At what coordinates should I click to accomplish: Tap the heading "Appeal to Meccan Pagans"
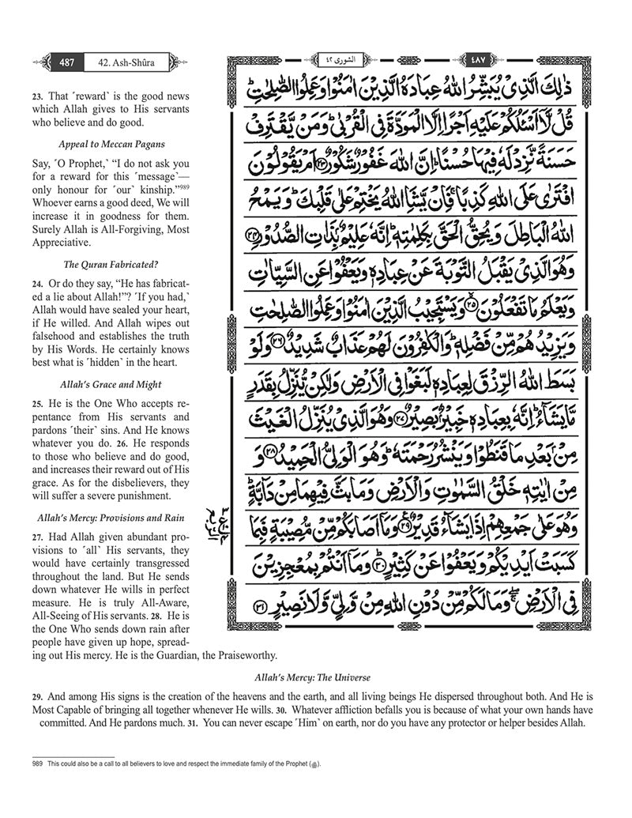(111, 145)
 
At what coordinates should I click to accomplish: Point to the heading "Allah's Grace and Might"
(111, 385)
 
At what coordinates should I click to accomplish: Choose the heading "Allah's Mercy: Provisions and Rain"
(111, 518)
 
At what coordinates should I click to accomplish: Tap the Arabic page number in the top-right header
(478, 61)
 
